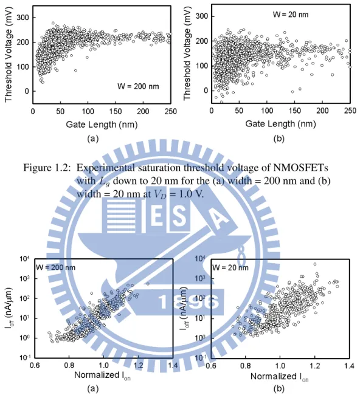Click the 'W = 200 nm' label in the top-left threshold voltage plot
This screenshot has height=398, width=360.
(x=138, y=86)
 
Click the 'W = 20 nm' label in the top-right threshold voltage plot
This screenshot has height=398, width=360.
(x=291, y=15)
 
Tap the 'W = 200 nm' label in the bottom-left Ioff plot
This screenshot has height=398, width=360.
(x=55, y=267)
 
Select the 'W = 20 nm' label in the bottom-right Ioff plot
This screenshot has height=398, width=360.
(x=230, y=267)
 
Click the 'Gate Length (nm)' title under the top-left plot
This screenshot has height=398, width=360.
(x=102, y=125)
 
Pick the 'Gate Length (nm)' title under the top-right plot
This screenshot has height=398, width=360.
(x=281, y=124)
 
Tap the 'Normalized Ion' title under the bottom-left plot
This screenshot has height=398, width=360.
(x=102, y=376)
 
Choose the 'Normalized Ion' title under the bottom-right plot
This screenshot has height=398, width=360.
(x=280, y=377)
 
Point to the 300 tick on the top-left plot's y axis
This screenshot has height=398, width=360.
(x=23, y=18)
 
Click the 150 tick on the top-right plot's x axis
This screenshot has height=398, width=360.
(x=294, y=111)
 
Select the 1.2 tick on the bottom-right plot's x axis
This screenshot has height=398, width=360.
(x=314, y=366)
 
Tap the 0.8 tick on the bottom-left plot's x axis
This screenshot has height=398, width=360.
(x=69, y=366)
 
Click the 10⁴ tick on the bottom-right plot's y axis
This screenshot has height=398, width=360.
(x=200, y=259)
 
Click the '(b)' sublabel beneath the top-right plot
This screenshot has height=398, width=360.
(x=279, y=139)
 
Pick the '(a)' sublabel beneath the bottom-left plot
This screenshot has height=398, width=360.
(x=92, y=389)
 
